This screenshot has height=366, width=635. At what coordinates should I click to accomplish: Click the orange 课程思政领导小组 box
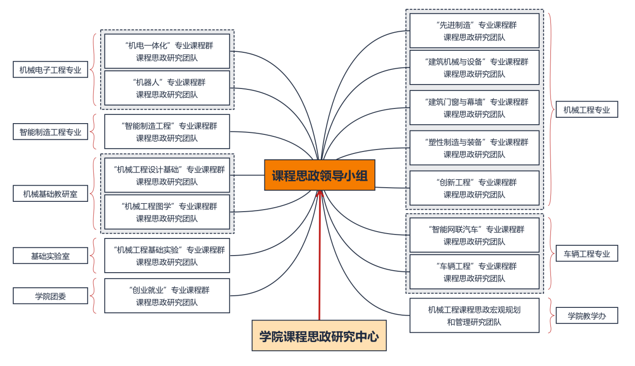(x=320, y=175)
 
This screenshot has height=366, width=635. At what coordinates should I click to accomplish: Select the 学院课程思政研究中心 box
(x=319, y=336)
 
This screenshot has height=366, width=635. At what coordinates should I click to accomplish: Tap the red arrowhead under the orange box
(x=320, y=194)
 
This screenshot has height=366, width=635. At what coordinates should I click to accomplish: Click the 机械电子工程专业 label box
(x=50, y=69)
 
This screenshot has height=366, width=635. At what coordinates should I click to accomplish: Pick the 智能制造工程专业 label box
(x=50, y=132)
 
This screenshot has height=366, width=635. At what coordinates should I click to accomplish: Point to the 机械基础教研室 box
(x=50, y=194)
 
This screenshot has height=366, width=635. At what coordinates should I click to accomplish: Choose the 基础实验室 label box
(x=50, y=256)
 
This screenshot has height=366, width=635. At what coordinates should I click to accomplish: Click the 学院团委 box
(x=50, y=296)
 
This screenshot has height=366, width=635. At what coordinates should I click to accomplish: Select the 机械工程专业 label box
(x=587, y=109)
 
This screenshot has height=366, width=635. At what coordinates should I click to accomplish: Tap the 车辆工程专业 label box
(x=587, y=254)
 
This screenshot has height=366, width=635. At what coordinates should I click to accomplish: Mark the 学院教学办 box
(x=587, y=316)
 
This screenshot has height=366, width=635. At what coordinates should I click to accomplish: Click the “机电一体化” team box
(x=167, y=51)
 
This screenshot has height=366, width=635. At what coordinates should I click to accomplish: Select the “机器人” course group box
(x=167, y=88)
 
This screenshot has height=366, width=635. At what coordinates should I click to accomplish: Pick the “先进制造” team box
(x=474, y=31)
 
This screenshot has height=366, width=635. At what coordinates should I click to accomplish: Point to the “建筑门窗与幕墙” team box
(x=474, y=108)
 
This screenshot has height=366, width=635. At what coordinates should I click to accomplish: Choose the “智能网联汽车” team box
(x=474, y=235)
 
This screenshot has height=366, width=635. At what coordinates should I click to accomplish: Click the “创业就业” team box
(x=167, y=296)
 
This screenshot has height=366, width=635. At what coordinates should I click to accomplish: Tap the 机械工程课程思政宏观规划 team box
(x=474, y=315)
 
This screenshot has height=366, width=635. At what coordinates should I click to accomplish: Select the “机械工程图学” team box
(x=167, y=212)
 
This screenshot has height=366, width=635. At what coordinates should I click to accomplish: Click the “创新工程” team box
(x=474, y=188)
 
